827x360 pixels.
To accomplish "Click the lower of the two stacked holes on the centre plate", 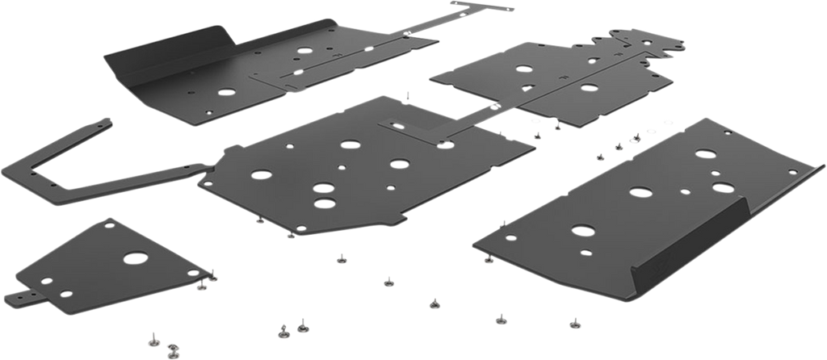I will click(x=324, y=199).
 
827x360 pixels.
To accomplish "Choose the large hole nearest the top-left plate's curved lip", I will click(x=304, y=50).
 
